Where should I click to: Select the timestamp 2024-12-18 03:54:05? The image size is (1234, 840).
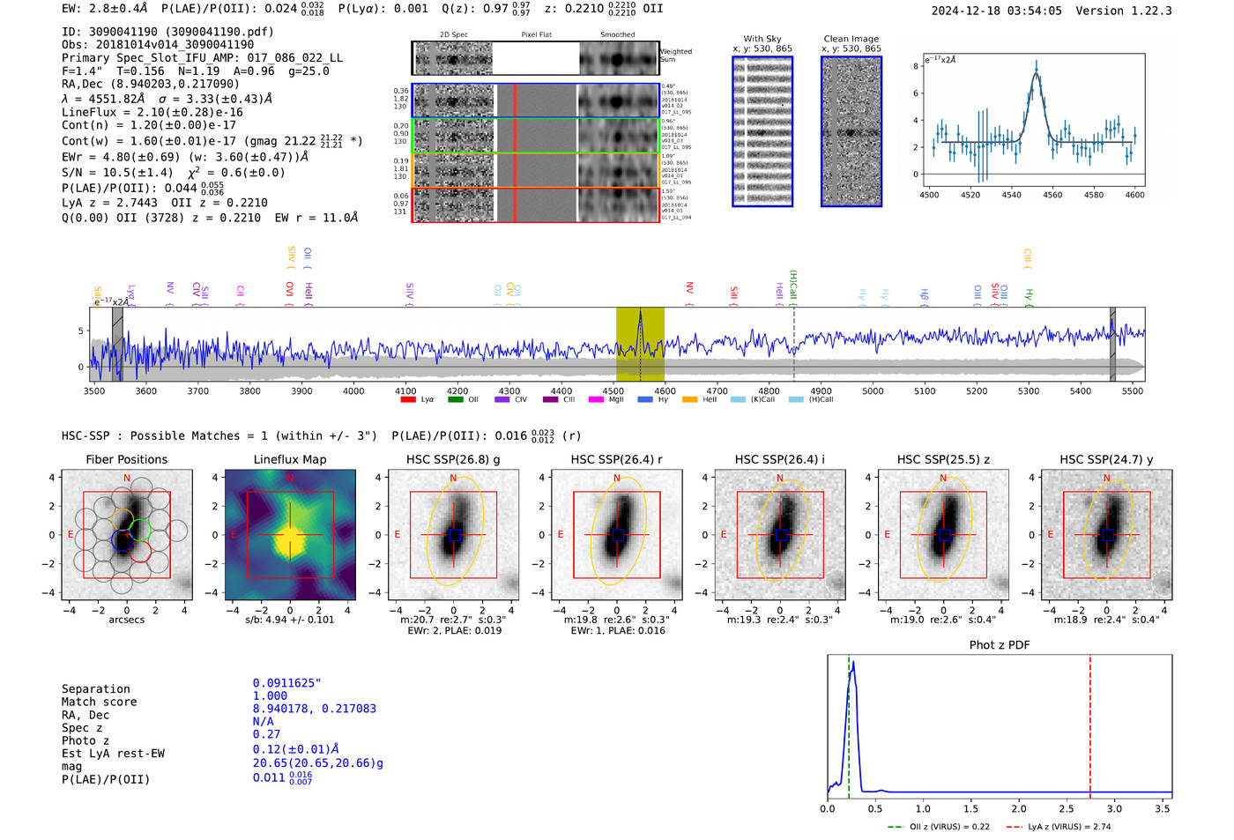(996, 11)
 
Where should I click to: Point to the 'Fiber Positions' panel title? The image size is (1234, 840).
(126, 459)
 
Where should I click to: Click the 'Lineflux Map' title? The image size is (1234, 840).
(290, 459)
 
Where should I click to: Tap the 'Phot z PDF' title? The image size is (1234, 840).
(1000, 645)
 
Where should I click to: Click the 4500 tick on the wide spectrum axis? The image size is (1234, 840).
(613, 391)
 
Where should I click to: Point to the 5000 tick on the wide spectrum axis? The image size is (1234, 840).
(873, 391)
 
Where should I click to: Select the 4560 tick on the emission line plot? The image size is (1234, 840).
(1052, 195)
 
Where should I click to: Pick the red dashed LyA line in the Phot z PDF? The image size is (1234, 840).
(1089, 723)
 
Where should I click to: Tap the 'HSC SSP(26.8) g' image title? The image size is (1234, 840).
(453, 459)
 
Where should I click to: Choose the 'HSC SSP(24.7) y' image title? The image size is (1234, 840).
(1106, 459)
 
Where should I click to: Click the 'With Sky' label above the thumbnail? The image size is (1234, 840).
(762, 39)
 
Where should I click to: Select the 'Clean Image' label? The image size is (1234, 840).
(851, 39)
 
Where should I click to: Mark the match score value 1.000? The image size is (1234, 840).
(270, 695)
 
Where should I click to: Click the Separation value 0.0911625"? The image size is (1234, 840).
(287, 683)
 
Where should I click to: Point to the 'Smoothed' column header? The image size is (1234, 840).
(617, 35)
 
